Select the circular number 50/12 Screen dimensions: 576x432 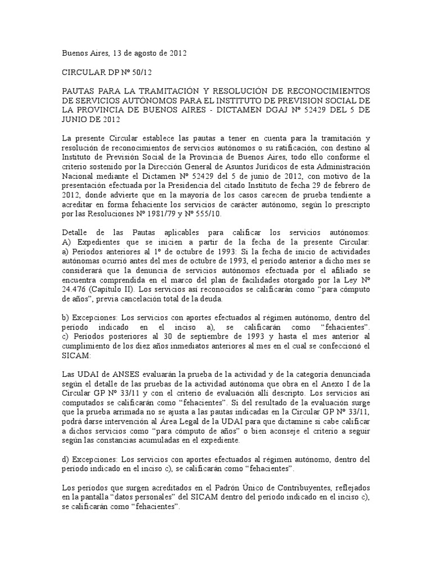138,73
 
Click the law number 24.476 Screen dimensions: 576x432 74,289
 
